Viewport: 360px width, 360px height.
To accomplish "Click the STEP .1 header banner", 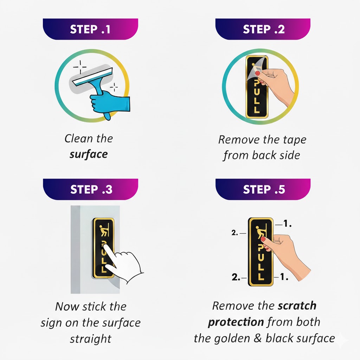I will coord(90,29).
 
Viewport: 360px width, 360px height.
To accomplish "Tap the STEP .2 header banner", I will coord(263,29).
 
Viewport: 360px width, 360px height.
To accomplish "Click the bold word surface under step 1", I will coord(89,154).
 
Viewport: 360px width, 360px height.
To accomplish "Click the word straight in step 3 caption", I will coord(90,339).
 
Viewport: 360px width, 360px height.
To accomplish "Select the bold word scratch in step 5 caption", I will coord(297,306).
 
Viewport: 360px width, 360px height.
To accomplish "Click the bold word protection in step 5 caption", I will coord(236,322).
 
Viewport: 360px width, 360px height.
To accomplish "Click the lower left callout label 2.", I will coord(236,277).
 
